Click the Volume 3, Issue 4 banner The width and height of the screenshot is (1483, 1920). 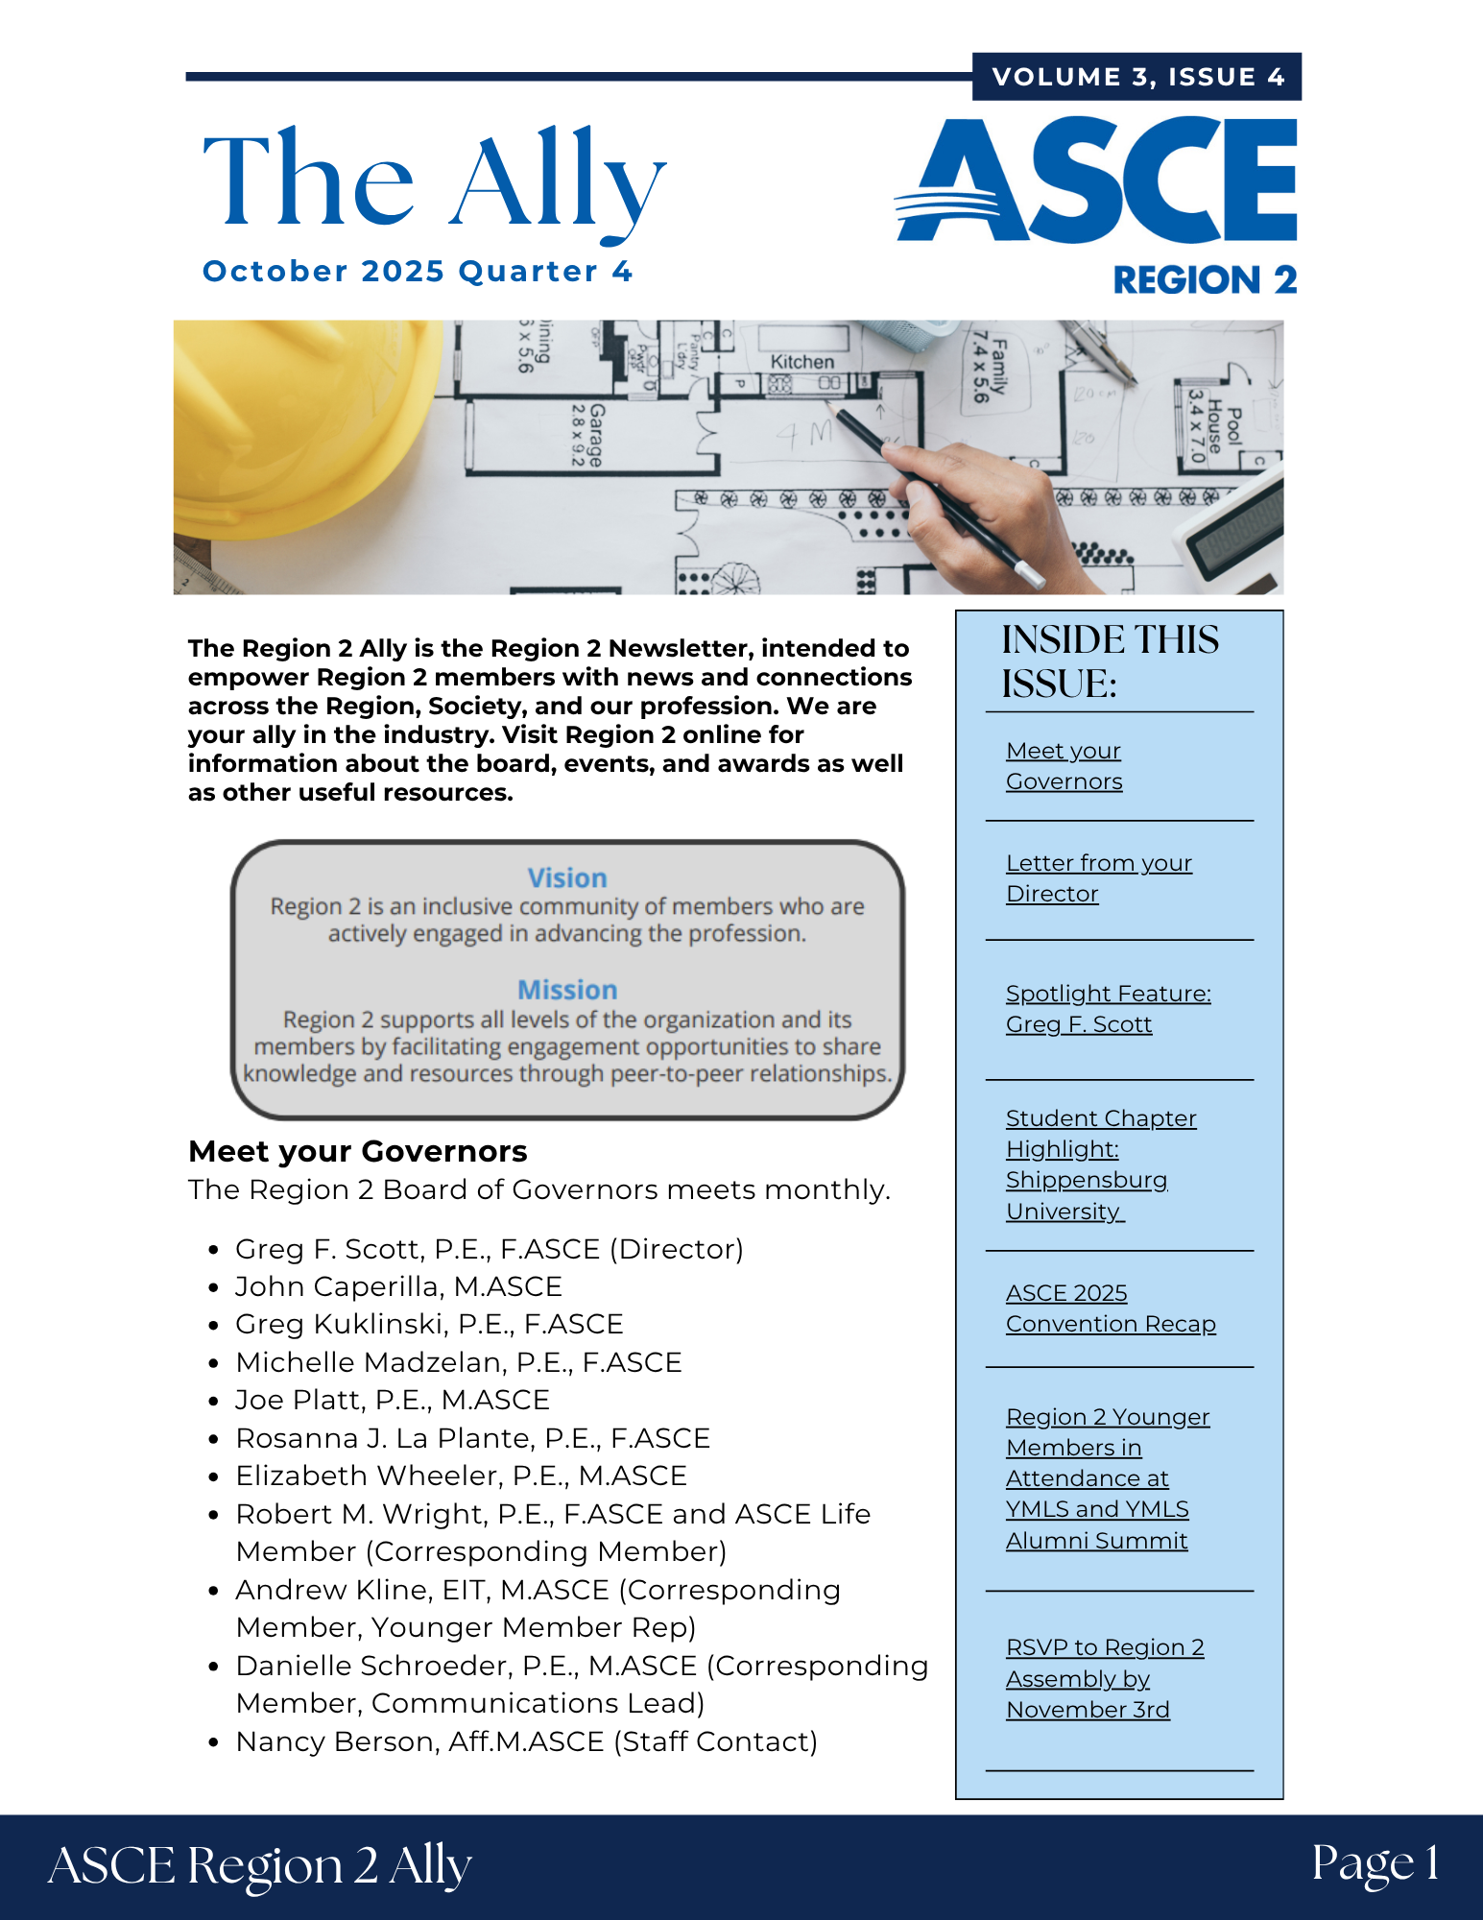1137,77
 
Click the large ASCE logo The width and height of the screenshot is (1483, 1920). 1096,180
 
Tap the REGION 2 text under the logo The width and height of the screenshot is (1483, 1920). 1205,280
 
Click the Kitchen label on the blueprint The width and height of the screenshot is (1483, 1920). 802,362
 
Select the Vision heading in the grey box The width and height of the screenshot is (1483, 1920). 567,877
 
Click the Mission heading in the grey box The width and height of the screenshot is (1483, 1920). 567,990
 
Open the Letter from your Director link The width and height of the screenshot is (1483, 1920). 1098,878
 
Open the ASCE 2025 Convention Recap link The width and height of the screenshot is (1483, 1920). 1110,1308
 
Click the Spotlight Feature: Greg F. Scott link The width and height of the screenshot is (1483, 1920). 1108,1009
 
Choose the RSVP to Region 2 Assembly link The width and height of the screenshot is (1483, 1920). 1104,1678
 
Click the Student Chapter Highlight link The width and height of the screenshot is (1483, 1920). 1100,1164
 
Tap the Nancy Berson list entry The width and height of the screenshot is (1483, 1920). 526,1741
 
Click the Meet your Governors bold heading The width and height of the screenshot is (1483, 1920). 358,1151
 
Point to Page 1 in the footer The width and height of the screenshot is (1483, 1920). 1375,1863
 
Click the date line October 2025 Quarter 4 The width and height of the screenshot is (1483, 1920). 418,272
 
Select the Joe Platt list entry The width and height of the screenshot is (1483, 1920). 393,1400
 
